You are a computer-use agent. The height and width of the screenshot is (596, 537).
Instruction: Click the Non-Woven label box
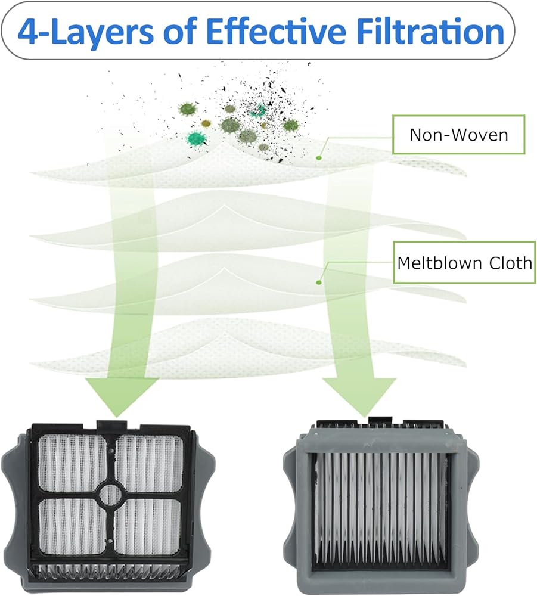[458, 135]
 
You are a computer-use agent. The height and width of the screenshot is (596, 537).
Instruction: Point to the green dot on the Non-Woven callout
[319, 157]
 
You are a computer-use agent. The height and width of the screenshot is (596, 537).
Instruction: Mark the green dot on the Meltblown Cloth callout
[319, 281]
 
